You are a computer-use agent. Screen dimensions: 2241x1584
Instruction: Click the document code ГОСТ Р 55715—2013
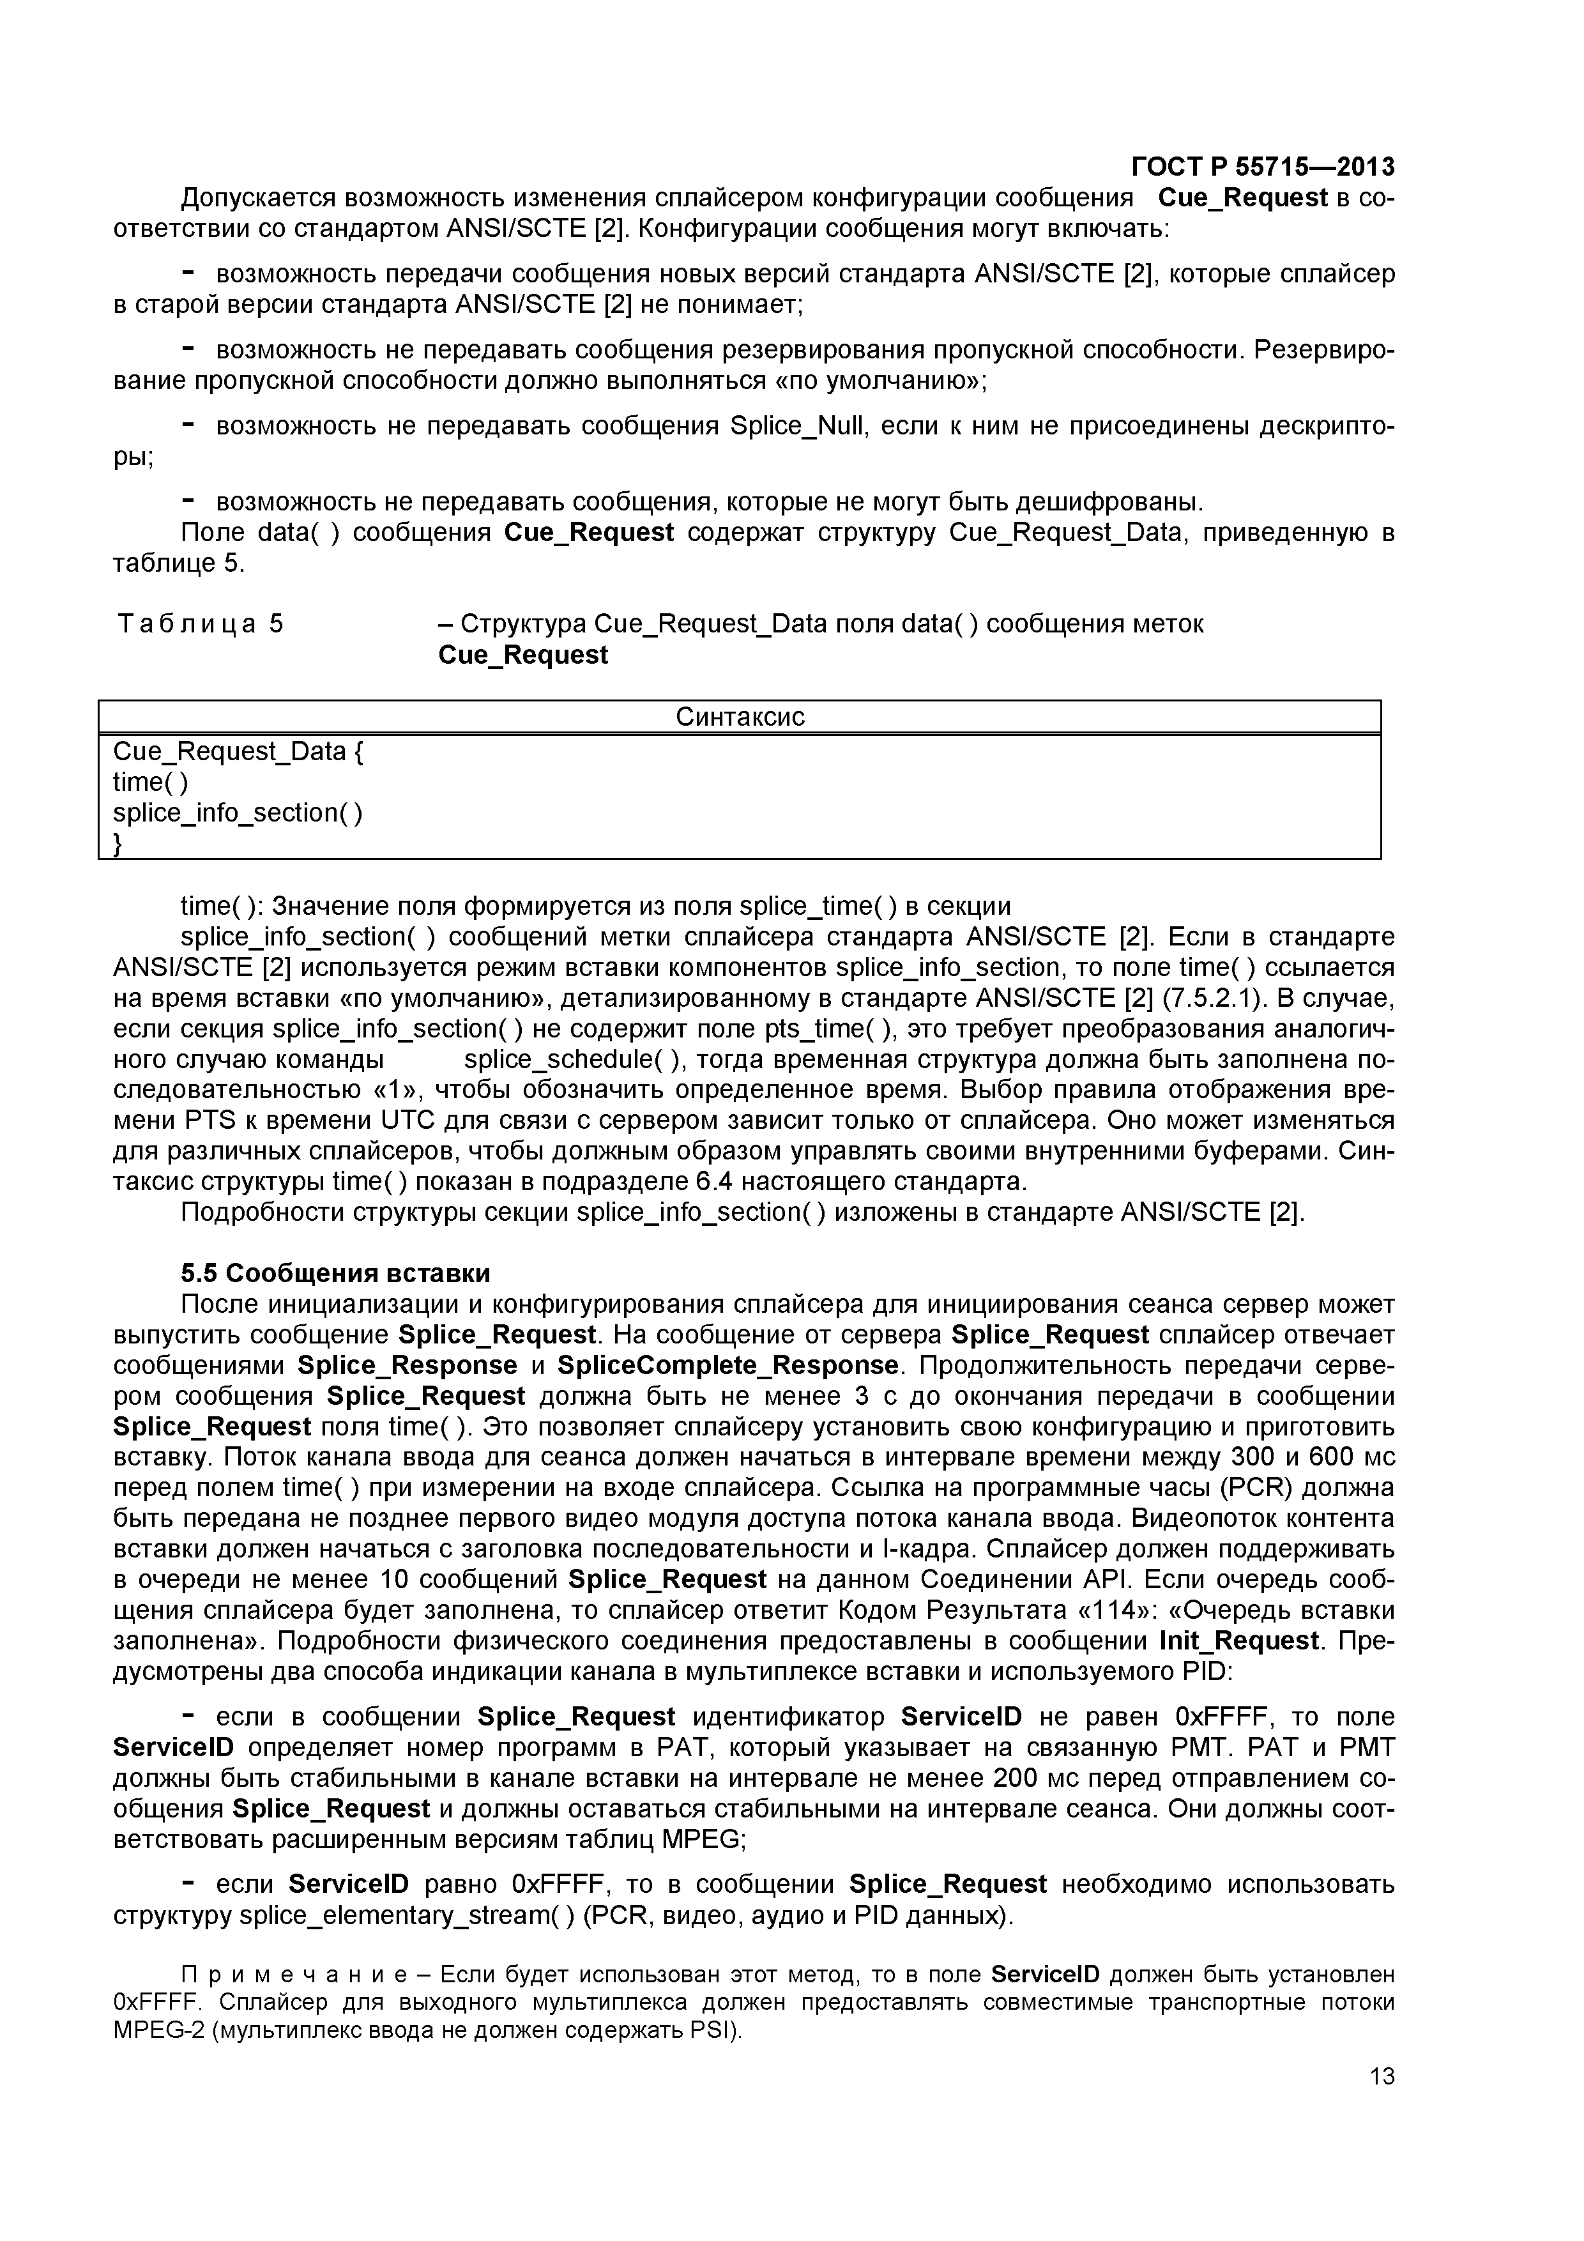click(x=1262, y=167)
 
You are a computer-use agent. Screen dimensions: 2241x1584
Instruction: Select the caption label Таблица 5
click(x=200, y=623)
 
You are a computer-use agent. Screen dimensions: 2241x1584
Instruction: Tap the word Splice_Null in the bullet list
click(x=795, y=427)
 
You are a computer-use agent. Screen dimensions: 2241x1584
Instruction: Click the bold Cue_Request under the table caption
click(x=523, y=655)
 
